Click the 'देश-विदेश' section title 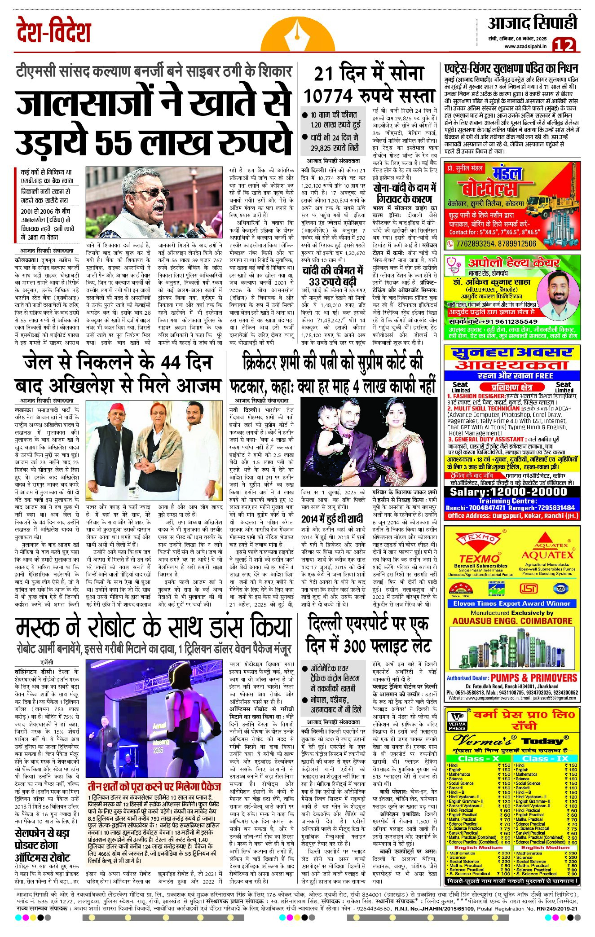click(x=53, y=31)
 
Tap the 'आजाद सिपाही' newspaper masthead click(x=533, y=23)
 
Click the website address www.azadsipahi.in click(x=525, y=46)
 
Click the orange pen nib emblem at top click(x=298, y=34)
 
